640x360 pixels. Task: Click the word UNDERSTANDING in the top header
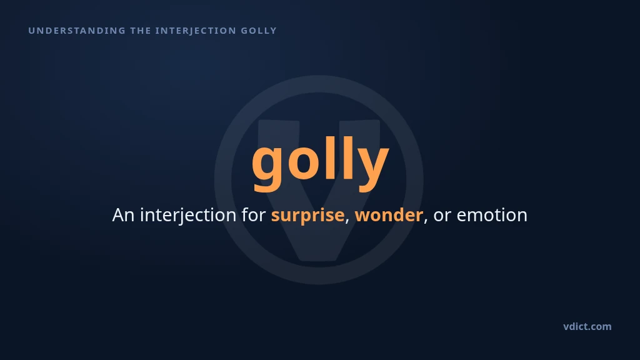point(77,31)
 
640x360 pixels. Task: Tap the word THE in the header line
point(141,31)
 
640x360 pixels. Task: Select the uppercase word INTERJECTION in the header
point(196,31)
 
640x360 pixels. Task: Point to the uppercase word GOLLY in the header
point(259,31)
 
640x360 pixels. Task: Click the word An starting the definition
point(124,215)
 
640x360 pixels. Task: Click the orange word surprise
point(307,216)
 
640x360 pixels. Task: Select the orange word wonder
point(389,214)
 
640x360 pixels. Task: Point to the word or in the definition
point(442,216)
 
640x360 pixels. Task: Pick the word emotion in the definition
point(492,215)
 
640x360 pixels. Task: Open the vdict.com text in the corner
point(587,326)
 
